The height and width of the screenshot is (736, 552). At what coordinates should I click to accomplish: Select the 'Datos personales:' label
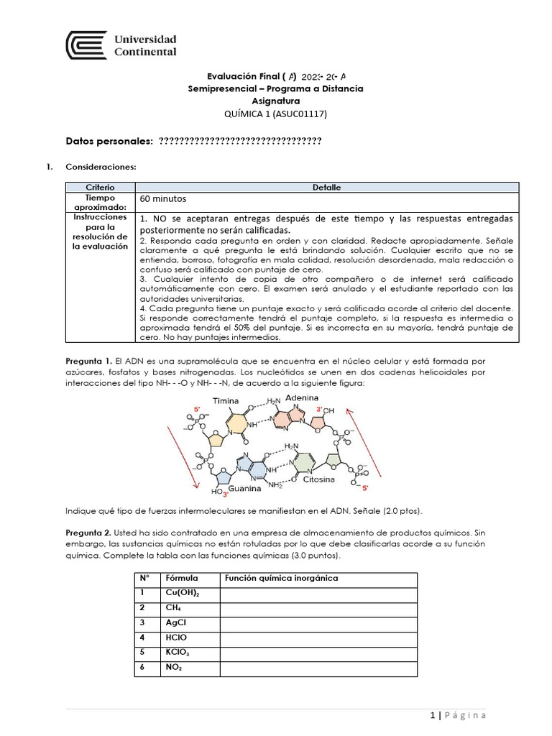pos(109,141)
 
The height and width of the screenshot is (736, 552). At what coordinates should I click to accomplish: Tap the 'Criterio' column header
pos(95,187)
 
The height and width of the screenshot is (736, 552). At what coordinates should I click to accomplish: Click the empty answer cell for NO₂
pos(318,668)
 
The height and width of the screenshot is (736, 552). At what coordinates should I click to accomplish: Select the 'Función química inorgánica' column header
pos(281,579)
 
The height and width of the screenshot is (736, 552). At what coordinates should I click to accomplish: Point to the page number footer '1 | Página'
pos(458,715)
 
